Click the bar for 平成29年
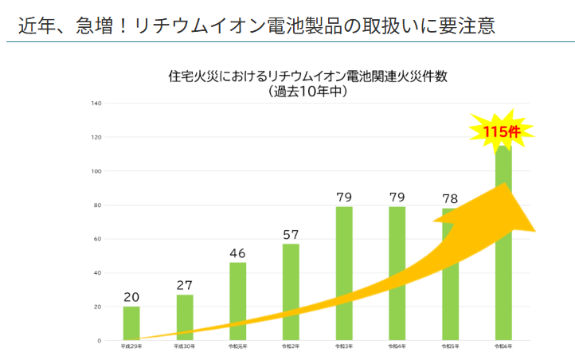131,323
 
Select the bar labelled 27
185,318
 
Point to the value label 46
237,254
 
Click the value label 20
131,298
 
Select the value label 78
450,198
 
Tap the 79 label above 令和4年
397,197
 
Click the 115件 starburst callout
502,131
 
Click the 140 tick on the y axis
96,104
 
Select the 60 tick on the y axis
97,239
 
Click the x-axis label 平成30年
185,347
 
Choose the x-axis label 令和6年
503,347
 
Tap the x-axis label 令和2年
291,347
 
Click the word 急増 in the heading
111,25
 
